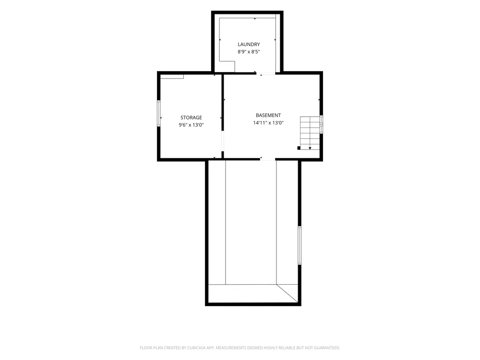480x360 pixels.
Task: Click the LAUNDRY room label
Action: coord(249,44)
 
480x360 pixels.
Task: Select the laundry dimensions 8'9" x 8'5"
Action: coord(249,52)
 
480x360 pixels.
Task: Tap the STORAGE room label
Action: coord(191,118)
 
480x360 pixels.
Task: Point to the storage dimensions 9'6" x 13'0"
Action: coord(191,125)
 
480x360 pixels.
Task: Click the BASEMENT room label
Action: coord(268,115)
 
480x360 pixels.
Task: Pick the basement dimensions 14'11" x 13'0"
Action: coord(268,123)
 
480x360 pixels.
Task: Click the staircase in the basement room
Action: coord(310,133)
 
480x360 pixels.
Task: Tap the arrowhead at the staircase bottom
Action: coord(310,148)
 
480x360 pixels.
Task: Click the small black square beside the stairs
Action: coord(299,148)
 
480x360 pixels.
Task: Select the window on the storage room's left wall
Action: coord(159,113)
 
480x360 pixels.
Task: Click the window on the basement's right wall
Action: coord(321,124)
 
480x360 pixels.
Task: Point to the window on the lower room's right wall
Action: coord(300,245)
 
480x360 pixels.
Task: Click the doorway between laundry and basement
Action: coord(265,73)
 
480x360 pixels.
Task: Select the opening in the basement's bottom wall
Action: coord(267,159)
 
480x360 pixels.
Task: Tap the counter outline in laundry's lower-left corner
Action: coord(227,66)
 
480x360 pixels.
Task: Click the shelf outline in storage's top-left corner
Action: coord(172,76)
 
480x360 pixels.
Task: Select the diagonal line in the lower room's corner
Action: coord(287,293)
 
